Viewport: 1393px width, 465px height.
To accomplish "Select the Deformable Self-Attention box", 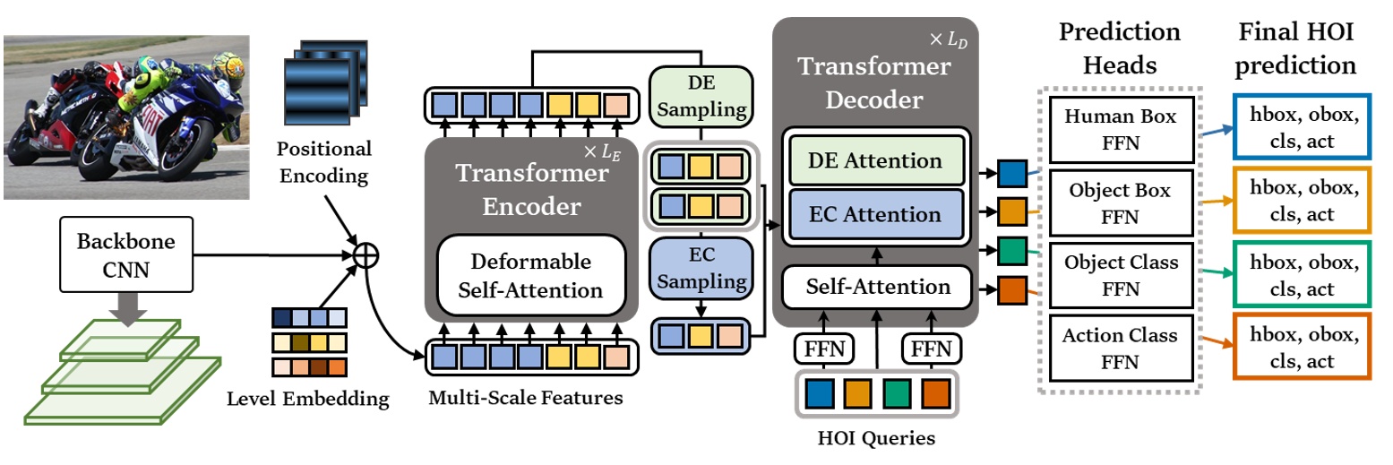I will [530, 276].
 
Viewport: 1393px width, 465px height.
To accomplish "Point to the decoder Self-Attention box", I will [877, 287].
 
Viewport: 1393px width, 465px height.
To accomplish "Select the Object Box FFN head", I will [1120, 203].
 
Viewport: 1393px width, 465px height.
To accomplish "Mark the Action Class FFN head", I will [1120, 349].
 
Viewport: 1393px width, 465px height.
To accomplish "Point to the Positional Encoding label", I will [323, 161].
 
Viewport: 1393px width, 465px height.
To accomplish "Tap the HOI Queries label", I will [876, 439].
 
